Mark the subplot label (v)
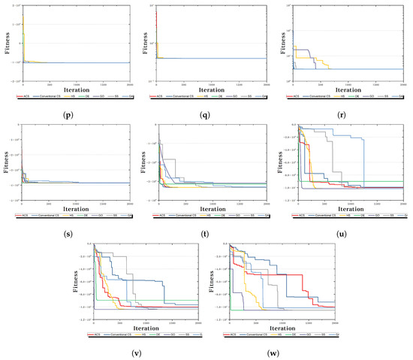coord(138,353)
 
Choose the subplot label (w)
coord(275,353)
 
